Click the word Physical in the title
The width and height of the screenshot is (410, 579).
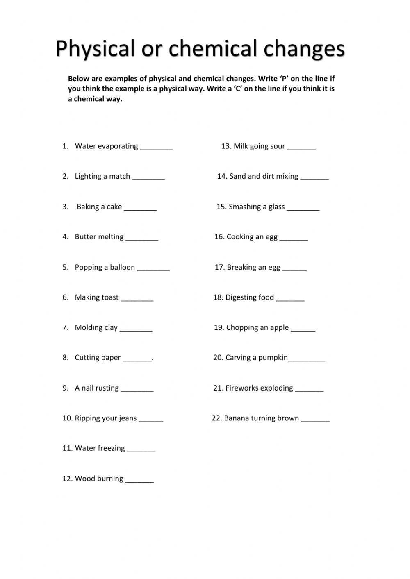coord(95,49)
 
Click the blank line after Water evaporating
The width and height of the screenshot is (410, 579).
coord(156,149)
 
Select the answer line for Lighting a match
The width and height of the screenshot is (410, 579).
coord(148,179)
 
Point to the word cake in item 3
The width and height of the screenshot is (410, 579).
coord(114,207)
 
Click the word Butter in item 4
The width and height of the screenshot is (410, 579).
coord(85,237)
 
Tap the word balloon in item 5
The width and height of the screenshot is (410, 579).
coord(122,267)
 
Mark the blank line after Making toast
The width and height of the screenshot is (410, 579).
coord(137,300)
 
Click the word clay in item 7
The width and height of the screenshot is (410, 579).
coord(111,327)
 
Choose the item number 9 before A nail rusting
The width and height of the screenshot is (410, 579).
coord(65,388)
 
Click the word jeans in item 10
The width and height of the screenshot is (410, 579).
coord(128,418)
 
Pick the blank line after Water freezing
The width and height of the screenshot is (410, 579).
coord(141,451)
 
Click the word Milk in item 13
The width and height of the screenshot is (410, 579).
coord(241,146)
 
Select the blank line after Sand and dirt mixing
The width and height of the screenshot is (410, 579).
coord(314,179)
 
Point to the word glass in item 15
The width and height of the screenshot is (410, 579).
coord(276,207)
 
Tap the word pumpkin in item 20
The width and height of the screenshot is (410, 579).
coord(273,358)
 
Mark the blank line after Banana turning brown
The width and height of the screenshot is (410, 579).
coord(315,421)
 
